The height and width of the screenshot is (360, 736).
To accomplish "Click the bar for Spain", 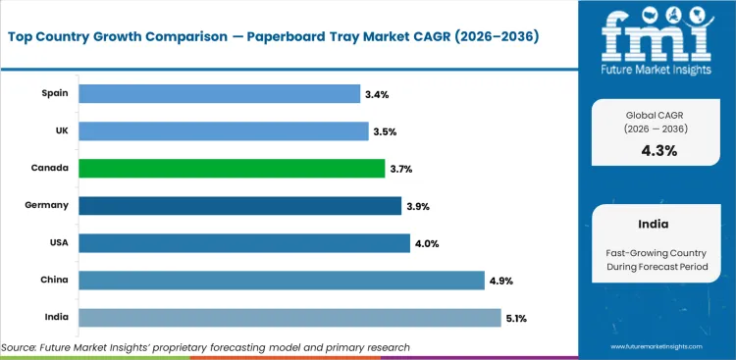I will pyautogui.click(x=219, y=93).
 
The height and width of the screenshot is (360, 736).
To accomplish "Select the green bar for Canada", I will pyautogui.click(x=232, y=169).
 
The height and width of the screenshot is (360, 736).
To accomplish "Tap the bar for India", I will pyautogui.click(x=289, y=318).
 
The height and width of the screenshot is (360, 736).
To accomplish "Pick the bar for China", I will pyautogui.click(x=282, y=281).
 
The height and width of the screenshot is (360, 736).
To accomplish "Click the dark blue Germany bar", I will pyautogui.click(x=239, y=206).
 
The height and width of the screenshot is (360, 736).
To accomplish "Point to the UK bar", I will pyautogui.click(x=223, y=130).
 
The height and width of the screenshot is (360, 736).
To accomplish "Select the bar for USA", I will pyautogui.click(x=243, y=243).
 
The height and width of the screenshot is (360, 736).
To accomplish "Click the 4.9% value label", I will pyautogui.click(x=499, y=281).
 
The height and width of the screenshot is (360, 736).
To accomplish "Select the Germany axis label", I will pyautogui.click(x=48, y=206).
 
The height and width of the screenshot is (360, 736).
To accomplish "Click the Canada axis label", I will pyautogui.click(x=50, y=169).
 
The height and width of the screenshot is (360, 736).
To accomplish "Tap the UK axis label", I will pyautogui.click(x=61, y=130).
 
